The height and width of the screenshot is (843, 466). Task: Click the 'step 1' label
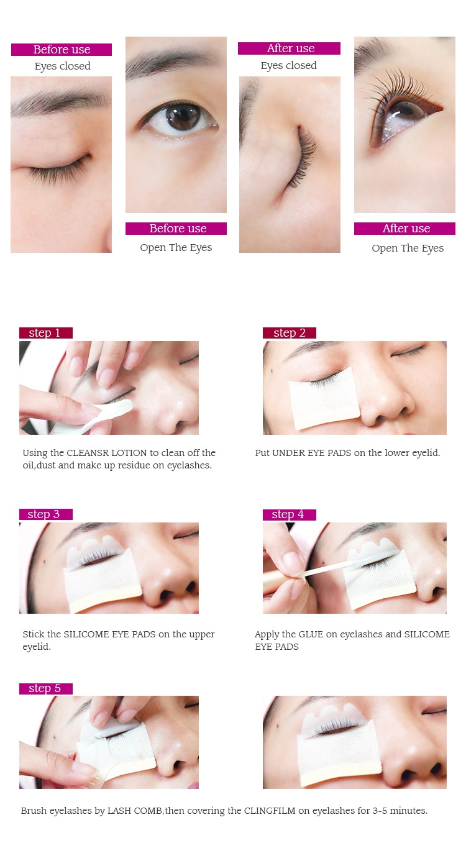pyautogui.click(x=45, y=333)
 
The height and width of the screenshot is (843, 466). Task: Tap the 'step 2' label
pyautogui.click(x=289, y=333)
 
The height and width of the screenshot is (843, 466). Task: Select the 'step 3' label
pyautogui.click(x=45, y=514)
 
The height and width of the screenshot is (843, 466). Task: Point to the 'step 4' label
pyautogui.click(x=289, y=514)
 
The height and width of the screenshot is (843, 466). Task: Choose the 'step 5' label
pyautogui.click(x=45, y=688)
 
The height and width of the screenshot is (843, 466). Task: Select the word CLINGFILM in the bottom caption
pyautogui.click(x=270, y=810)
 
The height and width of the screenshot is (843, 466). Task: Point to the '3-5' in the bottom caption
pyautogui.click(x=380, y=810)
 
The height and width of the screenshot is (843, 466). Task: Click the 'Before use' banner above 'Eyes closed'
pyautogui.click(x=62, y=49)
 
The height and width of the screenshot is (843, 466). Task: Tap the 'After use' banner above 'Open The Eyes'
pyautogui.click(x=404, y=229)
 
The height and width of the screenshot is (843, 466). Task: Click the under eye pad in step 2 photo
pyautogui.click(x=324, y=399)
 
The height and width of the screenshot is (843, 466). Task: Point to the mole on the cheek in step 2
pyautogui.click(x=272, y=371)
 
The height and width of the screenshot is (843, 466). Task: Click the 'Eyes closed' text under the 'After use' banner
pyautogui.click(x=289, y=65)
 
